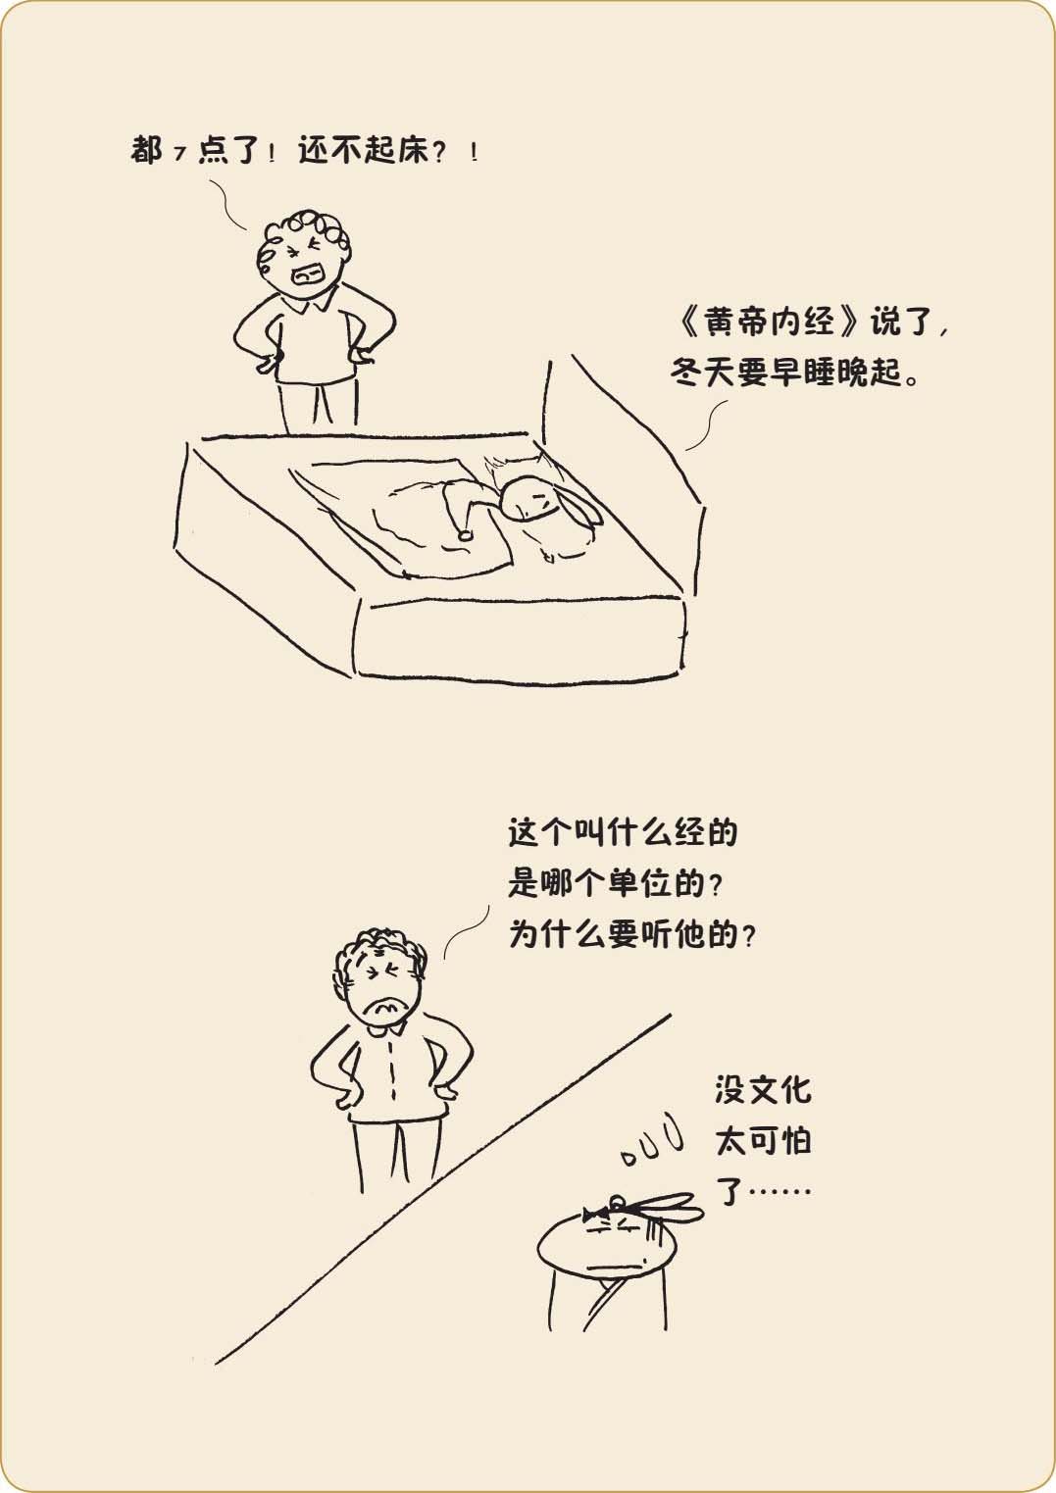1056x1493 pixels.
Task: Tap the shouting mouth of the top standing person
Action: [x=309, y=274]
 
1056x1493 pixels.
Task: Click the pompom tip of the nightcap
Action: [x=465, y=535]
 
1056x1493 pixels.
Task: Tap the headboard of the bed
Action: [x=624, y=467]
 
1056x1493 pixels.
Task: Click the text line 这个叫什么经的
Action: [x=623, y=832]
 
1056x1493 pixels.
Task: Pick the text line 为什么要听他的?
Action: [x=632, y=934]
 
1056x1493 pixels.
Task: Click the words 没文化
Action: [x=763, y=1090]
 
